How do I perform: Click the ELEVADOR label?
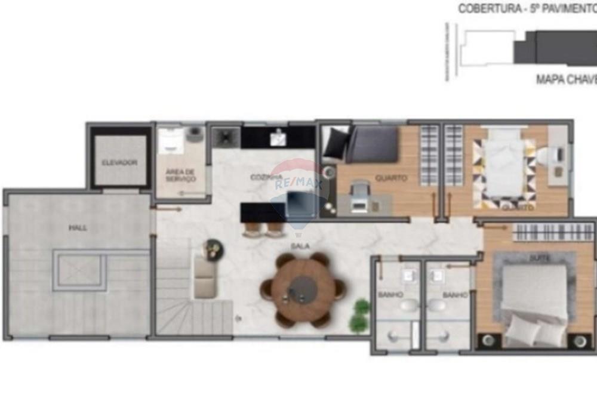tap(119, 162)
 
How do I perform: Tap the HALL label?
tap(77, 227)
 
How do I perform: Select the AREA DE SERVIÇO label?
tap(180, 175)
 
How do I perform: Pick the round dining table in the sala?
tap(303, 289)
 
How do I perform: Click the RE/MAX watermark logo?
tap(297, 185)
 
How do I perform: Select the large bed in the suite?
tap(533, 298)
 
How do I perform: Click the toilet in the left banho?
tap(409, 306)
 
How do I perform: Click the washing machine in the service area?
tap(194, 135)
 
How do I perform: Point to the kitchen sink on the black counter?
tap(278, 138)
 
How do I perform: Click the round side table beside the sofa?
tap(213, 249)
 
